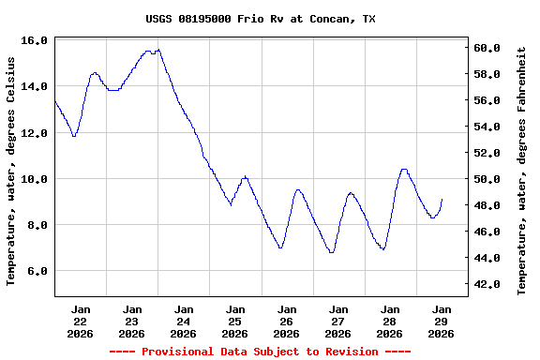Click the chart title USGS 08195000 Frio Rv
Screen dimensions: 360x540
tap(261, 19)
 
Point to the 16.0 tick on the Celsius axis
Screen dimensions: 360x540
tap(35, 40)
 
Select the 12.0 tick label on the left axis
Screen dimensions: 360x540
tap(35, 133)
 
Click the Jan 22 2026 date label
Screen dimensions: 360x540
tap(81, 321)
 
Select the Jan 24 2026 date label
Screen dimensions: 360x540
tap(184, 321)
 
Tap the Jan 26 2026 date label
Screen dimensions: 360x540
tap(287, 321)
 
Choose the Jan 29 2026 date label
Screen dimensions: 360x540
tap(442, 321)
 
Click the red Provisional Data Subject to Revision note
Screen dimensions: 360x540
tap(260, 352)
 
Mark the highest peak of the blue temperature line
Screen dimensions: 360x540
tap(158, 50)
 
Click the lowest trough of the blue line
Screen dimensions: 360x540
tap(331, 252)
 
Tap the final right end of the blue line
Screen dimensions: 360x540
tap(442, 199)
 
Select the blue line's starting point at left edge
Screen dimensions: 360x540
tap(55, 100)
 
